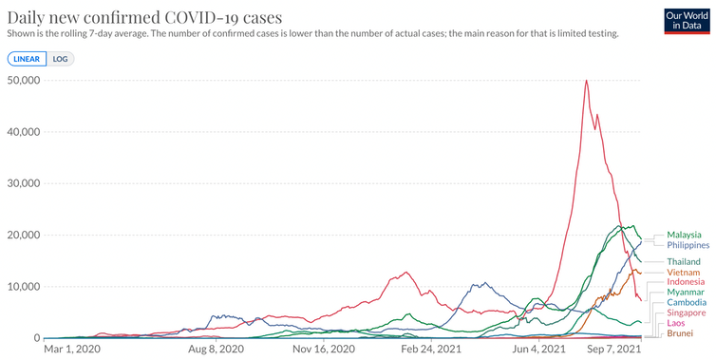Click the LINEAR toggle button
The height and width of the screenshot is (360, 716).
click(27, 59)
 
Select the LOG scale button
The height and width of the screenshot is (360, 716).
click(60, 59)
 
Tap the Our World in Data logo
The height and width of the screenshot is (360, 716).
click(687, 21)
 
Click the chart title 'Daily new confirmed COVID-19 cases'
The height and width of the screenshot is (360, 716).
click(144, 17)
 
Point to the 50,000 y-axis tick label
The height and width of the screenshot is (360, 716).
click(24, 80)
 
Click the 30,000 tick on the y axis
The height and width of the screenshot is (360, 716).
click(24, 183)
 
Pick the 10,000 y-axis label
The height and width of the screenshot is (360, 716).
click(24, 287)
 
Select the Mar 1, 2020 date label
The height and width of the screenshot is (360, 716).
click(72, 350)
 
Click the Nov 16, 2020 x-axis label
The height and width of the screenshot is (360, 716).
click(324, 350)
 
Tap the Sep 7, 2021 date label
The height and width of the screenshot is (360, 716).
click(614, 350)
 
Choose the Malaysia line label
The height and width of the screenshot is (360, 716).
click(684, 235)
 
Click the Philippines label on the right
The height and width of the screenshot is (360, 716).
click(688, 245)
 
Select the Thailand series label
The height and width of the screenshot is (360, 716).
click(684, 262)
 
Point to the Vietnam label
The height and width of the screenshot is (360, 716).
click(683, 273)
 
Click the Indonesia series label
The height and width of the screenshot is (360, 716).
click(686, 282)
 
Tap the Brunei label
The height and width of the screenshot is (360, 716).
click(680, 333)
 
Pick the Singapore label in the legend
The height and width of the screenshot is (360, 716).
click(687, 313)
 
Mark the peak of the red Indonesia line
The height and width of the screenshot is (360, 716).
click(586, 81)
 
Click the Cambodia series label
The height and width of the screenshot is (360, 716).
click(687, 302)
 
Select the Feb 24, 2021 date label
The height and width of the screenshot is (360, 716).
click(431, 350)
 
